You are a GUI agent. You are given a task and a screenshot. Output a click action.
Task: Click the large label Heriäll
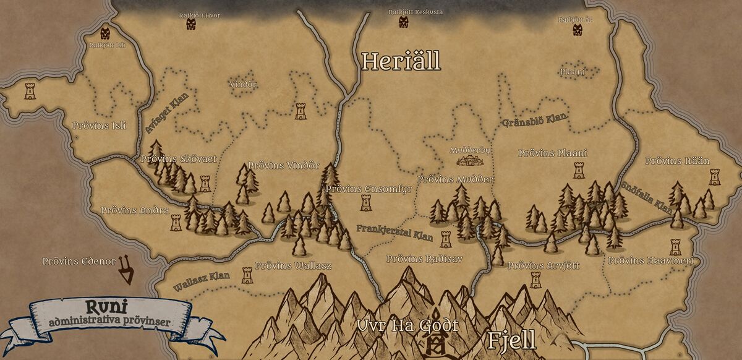pyautogui.click(x=401, y=61)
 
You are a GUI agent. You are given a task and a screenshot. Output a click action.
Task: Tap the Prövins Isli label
pyautogui.click(x=99, y=126)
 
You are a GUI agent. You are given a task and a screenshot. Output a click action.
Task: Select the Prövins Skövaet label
pyautogui.click(x=179, y=159)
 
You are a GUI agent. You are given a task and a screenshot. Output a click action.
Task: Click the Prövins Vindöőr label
pyautogui.click(x=283, y=166)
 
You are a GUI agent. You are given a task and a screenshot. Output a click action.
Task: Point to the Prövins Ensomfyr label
pyautogui.click(x=369, y=189)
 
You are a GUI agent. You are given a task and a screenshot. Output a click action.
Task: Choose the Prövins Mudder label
pyautogui.click(x=456, y=179)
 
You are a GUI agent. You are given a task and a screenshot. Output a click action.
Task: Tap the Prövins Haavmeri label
pyautogui.click(x=650, y=261)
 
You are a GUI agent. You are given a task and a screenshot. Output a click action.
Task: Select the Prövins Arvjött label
pyautogui.click(x=544, y=265)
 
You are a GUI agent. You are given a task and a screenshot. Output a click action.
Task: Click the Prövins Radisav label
pyautogui.click(x=424, y=259)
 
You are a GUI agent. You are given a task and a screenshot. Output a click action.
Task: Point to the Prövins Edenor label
pyautogui.click(x=79, y=262)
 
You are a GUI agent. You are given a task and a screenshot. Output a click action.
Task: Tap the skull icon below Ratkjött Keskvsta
pyautogui.click(x=404, y=22)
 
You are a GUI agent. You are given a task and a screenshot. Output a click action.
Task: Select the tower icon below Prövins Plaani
pyautogui.click(x=579, y=170)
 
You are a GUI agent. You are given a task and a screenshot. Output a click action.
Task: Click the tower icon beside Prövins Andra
pyautogui.click(x=176, y=221)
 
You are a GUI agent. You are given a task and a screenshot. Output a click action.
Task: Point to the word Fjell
pyautogui.click(x=511, y=340)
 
